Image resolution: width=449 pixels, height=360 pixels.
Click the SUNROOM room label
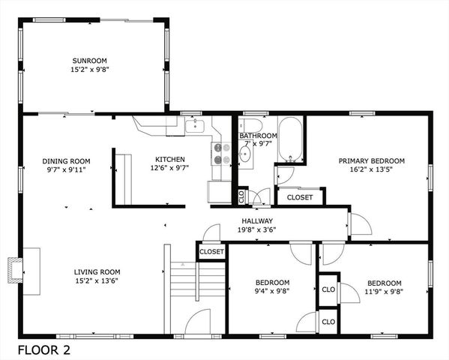click(89, 61)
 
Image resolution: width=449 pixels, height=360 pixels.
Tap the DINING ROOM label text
click(66, 160)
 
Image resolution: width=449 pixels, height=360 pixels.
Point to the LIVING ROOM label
click(97, 271)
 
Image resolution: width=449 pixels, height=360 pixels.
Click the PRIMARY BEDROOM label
click(371, 160)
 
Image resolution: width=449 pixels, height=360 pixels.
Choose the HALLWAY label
click(257, 221)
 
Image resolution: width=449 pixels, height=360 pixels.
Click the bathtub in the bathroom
click(290, 139)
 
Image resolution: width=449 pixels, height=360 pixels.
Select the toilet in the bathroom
click(250, 126)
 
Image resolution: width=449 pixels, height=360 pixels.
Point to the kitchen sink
click(196, 125)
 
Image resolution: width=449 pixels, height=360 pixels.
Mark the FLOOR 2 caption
click(44, 349)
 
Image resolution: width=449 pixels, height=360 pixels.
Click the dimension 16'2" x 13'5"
click(371, 169)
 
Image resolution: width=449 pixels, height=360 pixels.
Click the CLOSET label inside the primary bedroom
click(300, 197)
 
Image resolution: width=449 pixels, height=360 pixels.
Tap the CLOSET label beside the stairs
click(211, 253)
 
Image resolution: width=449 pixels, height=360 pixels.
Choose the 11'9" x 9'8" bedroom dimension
click(383, 292)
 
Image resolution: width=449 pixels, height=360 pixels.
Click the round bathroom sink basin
click(244, 154)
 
